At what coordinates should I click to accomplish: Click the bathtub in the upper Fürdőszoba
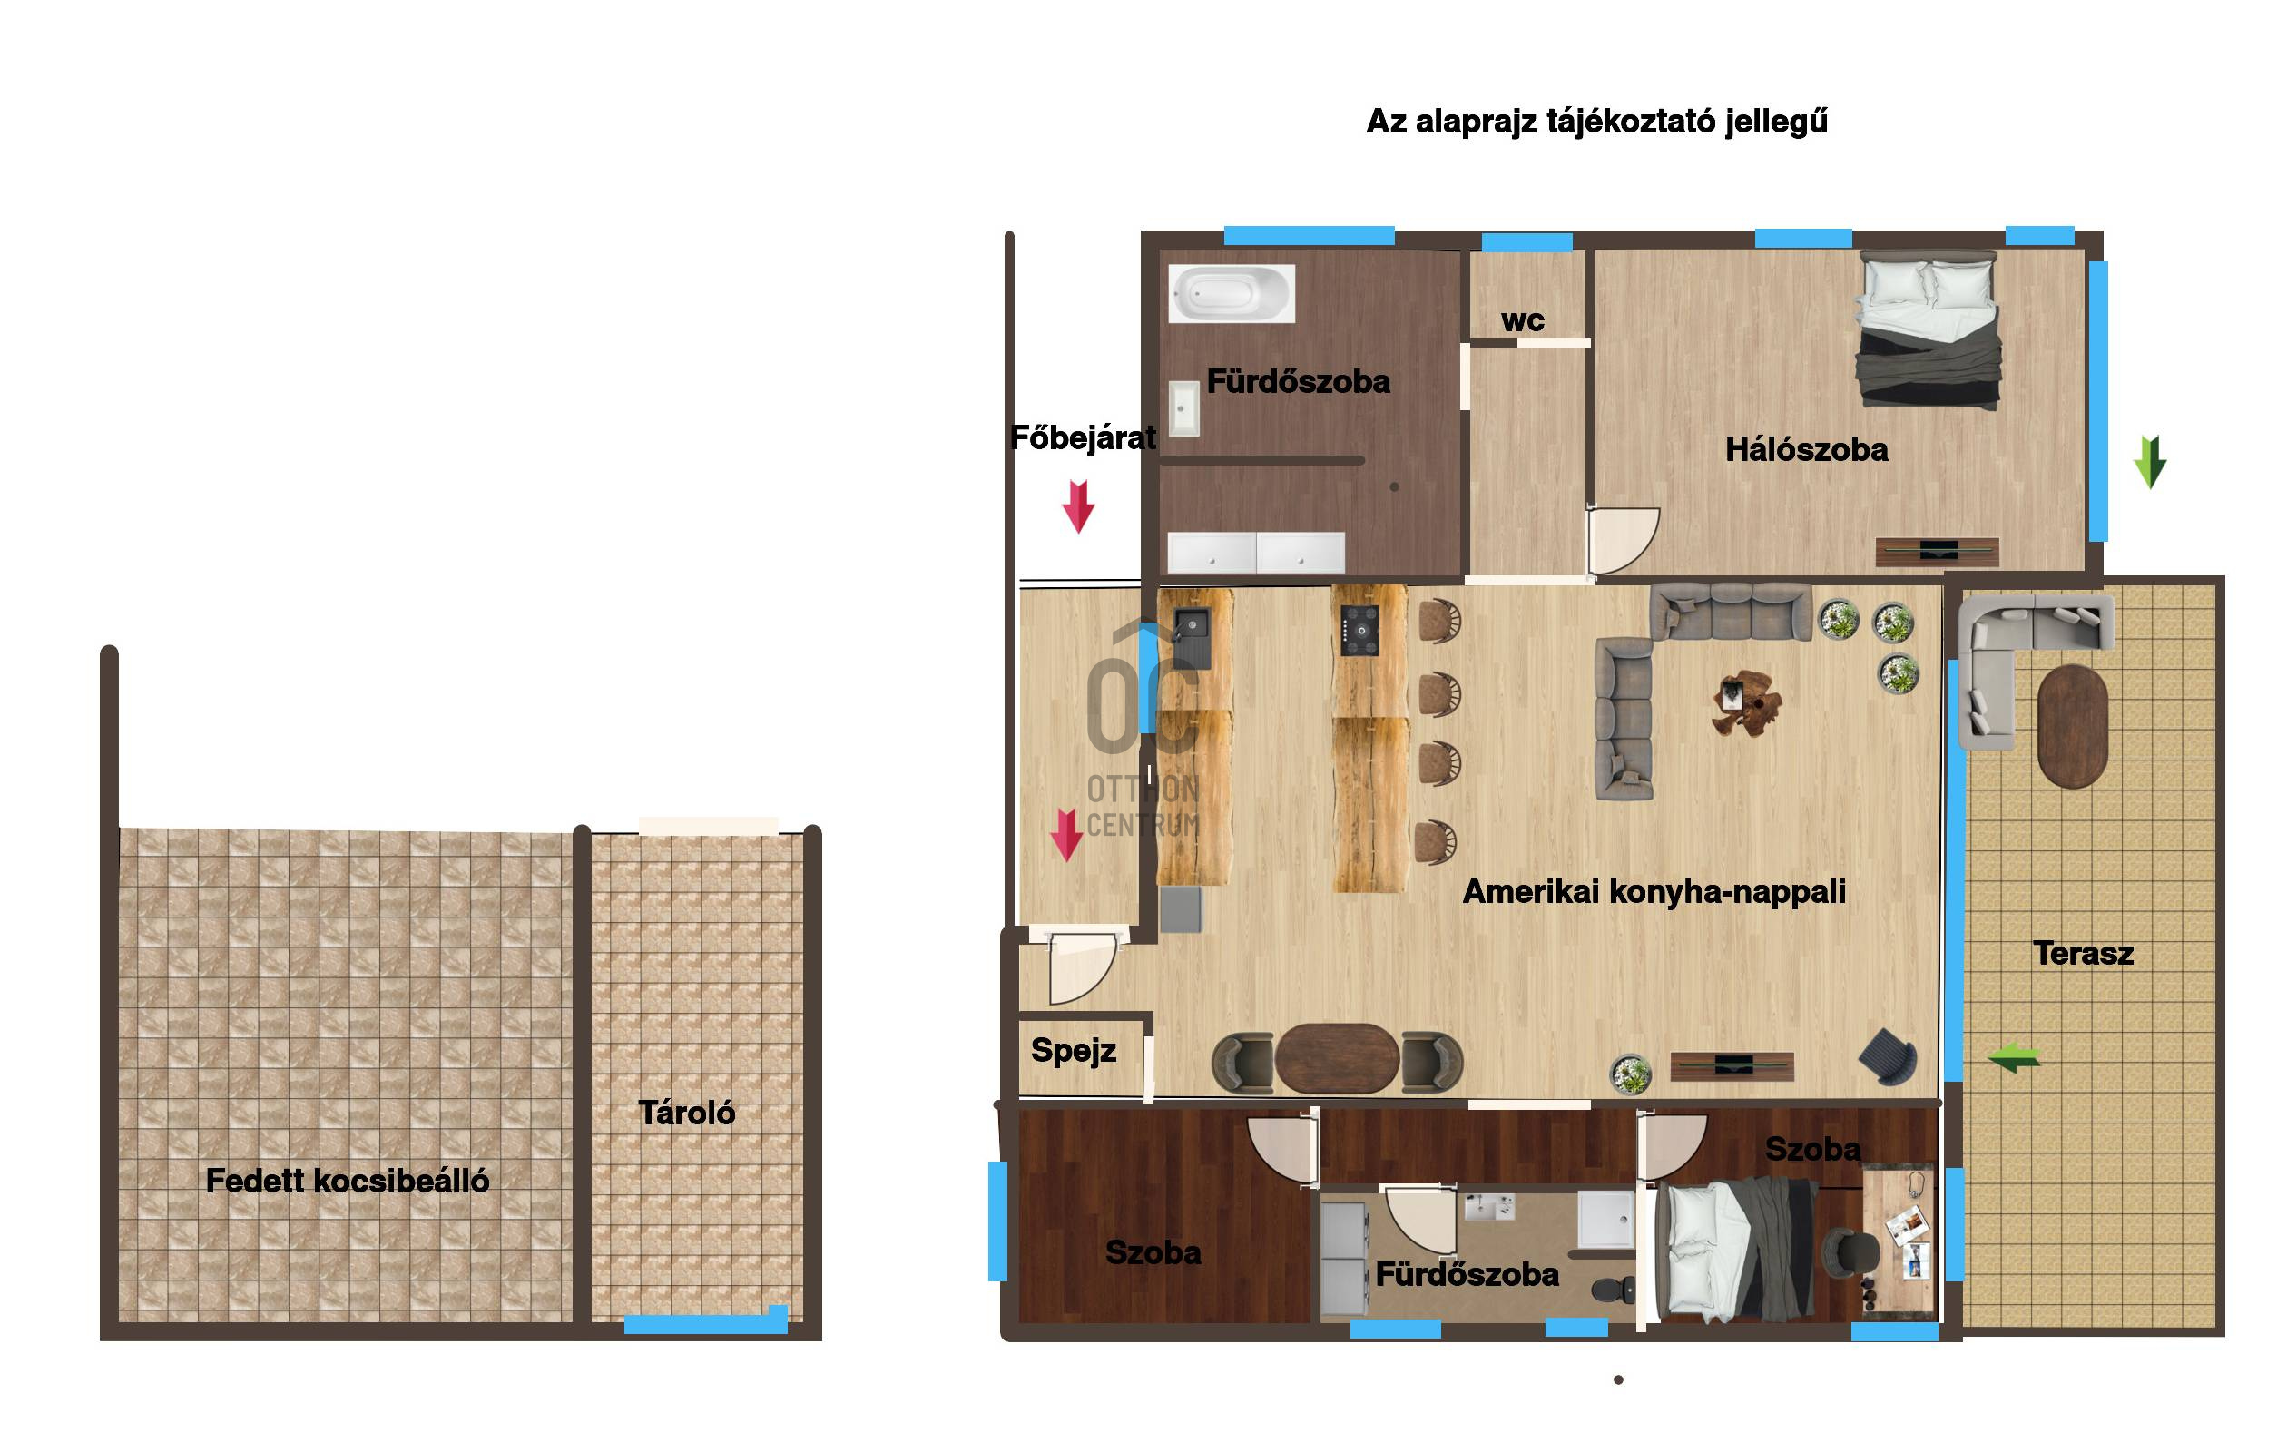click(x=1231, y=293)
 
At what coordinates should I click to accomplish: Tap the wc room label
click(x=1523, y=321)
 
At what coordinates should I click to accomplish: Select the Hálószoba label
click(x=1806, y=449)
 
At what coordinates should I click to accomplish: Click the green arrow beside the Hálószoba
click(x=2149, y=463)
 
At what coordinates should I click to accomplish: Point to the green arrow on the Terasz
click(x=2014, y=1057)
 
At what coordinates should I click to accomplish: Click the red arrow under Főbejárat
click(x=1078, y=506)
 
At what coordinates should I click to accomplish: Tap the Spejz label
click(x=1074, y=1050)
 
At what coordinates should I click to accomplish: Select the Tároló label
click(x=686, y=1112)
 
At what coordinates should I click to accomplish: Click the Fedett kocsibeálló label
click(x=348, y=1181)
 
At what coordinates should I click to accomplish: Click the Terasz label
click(x=2083, y=953)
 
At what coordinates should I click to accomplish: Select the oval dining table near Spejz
click(x=1336, y=1059)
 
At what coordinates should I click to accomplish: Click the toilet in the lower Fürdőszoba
click(x=1613, y=1289)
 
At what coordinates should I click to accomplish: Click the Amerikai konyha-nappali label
click(x=1654, y=892)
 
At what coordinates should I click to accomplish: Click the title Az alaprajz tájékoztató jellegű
click(x=1596, y=122)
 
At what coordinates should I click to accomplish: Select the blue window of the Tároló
click(x=706, y=1321)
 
